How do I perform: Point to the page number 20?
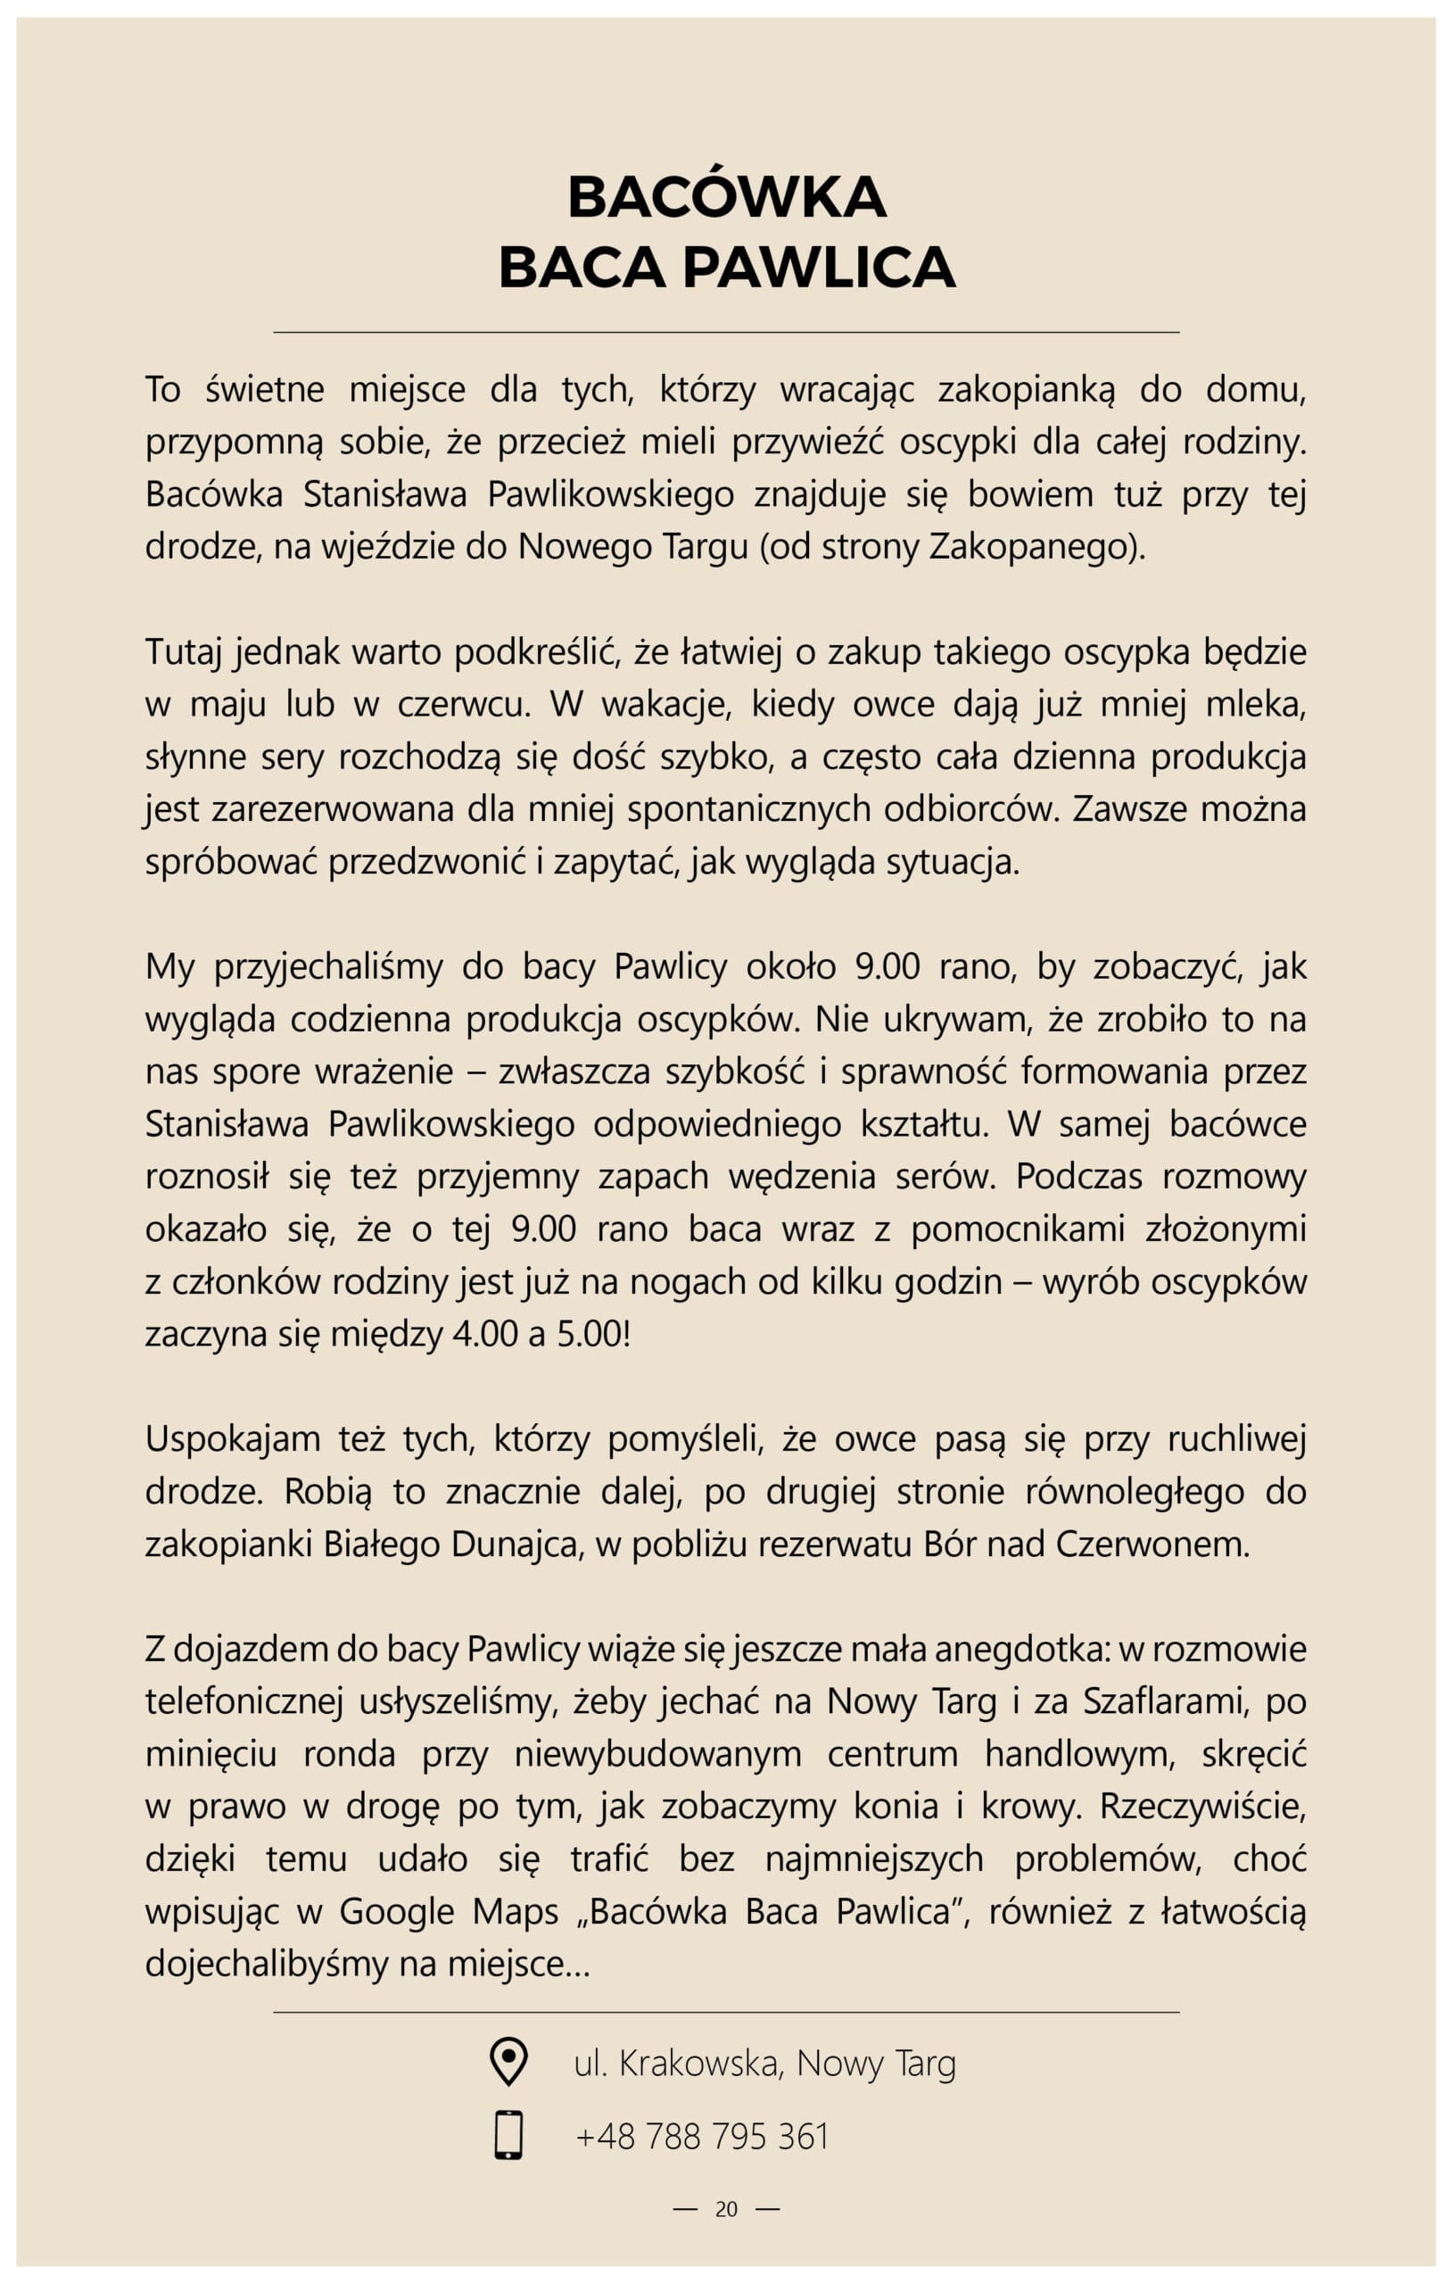point(726,2209)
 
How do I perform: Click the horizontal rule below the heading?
point(726,332)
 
